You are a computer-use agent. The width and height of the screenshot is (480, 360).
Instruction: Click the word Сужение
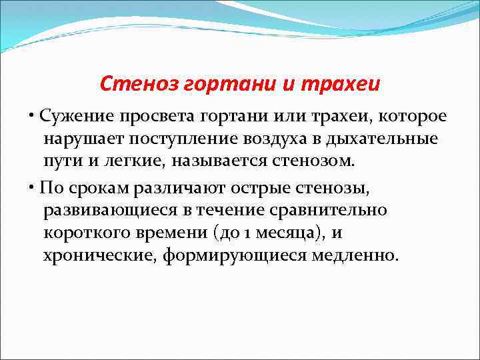[74, 115]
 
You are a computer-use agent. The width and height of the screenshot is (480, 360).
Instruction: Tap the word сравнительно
[329, 211]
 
